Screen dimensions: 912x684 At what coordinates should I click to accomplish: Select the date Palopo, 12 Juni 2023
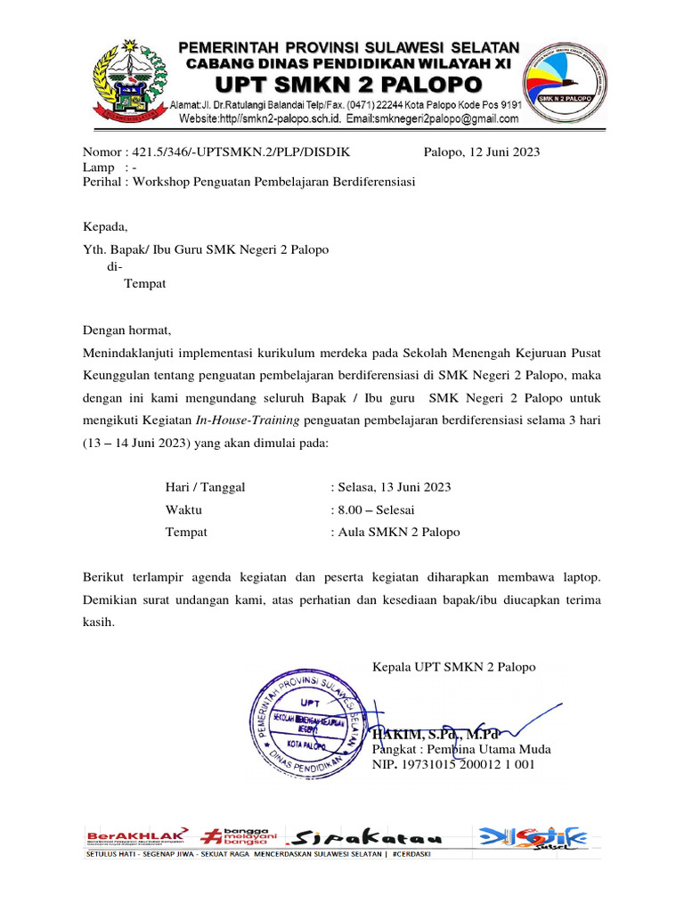pyautogui.click(x=482, y=151)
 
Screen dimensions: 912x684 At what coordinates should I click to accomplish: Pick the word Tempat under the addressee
pyautogui.click(x=143, y=284)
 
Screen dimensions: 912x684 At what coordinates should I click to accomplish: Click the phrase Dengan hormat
pyautogui.click(x=126, y=330)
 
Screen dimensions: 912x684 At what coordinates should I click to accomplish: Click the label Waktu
pyautogui.click(x=183, y=510)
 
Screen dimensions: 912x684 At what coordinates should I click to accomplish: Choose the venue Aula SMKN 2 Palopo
pyautogui.click(x=397, y=533)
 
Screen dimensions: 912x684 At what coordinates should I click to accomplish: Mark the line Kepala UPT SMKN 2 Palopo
pyautogui.click(x=453, y=666)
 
